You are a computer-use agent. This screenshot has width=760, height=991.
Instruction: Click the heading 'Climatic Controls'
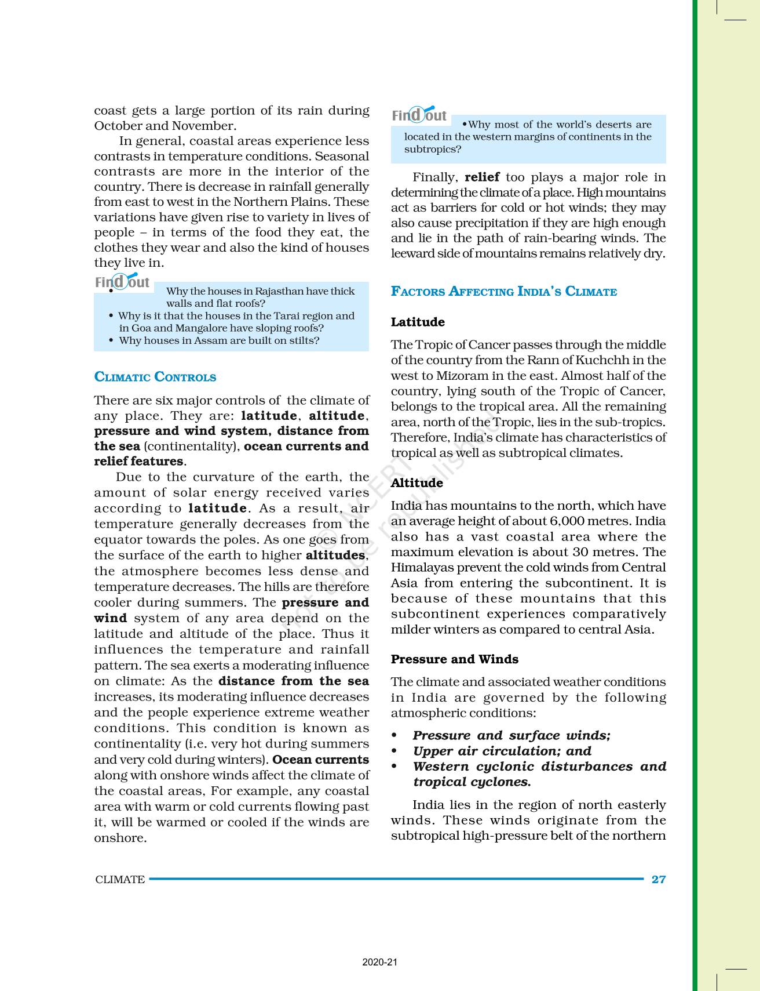pos(155,377)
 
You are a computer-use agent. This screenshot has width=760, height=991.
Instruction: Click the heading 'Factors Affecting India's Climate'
pos(503,291)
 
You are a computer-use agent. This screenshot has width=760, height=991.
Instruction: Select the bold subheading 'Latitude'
pos(418,322)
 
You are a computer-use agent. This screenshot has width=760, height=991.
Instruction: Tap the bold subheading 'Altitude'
pos(416,482)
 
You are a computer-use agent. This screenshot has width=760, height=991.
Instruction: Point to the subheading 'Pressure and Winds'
pos(454,659)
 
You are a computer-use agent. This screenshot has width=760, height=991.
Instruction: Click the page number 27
pos(659,879)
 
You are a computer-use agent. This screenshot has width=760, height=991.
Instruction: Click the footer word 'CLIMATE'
pos(120,879)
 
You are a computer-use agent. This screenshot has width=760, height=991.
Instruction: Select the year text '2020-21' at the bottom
pos(380,963)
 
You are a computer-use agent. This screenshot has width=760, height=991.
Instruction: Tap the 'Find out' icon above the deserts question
pos(419,115)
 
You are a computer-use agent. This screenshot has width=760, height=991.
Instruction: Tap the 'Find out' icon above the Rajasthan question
pos(122,282)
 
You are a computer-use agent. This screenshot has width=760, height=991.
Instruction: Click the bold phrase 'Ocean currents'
pos(320,760)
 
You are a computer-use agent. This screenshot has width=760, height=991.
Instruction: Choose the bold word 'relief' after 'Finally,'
pos(482,177)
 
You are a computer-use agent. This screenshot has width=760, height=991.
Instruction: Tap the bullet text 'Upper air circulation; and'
pos(502,751)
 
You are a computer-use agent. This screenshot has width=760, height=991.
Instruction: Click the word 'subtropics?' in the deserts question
pos(432,149)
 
